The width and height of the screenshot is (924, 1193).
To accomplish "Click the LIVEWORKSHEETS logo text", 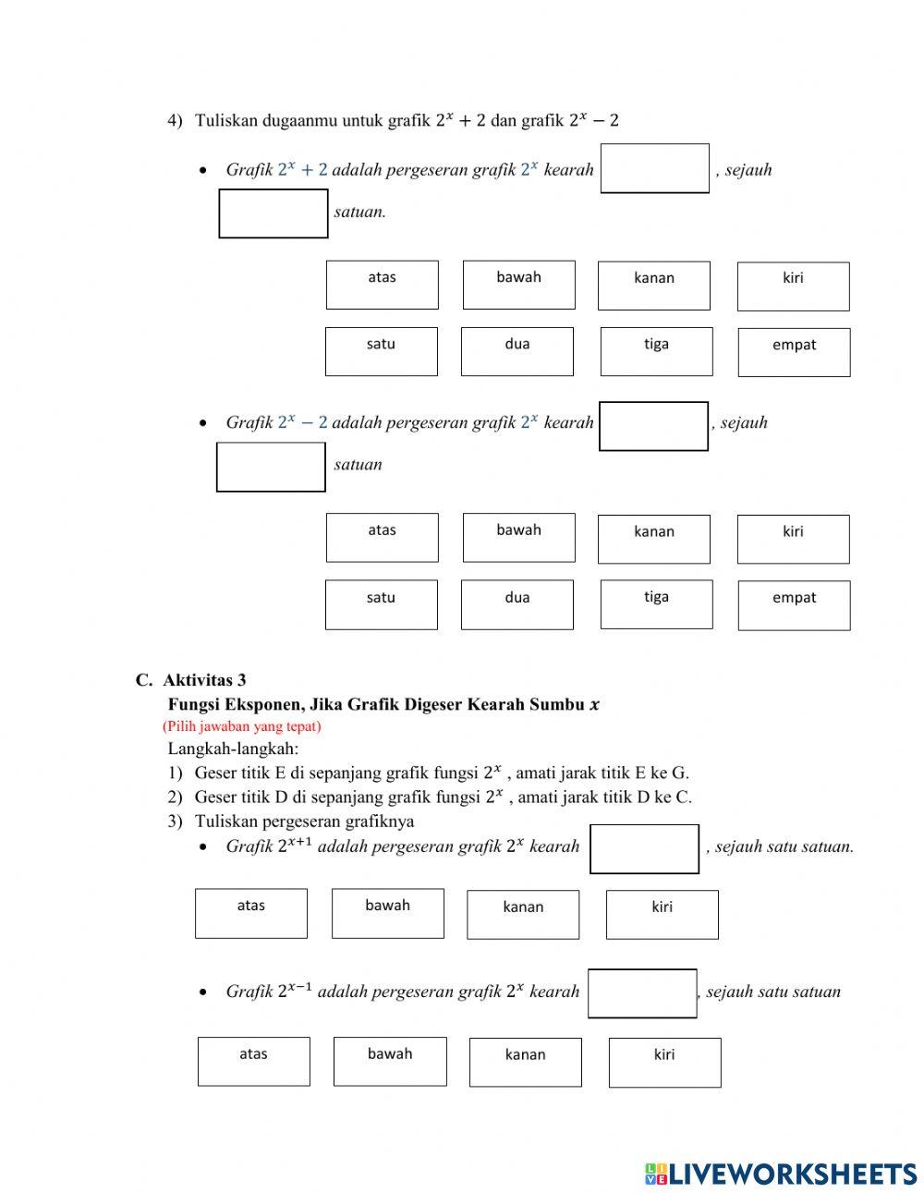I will click(x=793, y=1174).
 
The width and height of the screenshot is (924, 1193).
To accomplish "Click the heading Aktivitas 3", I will click(x=204, y=680).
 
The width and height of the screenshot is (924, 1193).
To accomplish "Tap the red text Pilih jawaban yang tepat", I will click(x=242, y=726).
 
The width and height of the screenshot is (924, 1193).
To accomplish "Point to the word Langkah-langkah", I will click(x=233, y=749).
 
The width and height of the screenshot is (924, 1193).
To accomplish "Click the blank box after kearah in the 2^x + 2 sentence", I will click(x=654, y=168).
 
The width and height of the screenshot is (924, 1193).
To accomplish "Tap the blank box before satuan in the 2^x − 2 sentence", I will click(x=271, y=467).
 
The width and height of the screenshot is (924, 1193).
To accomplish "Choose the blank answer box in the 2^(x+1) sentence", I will click(x=644, y=848).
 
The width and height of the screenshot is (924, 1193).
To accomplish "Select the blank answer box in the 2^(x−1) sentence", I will click(x=642, y=993).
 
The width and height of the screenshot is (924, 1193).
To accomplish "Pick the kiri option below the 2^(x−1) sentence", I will click(x=664, y=1062).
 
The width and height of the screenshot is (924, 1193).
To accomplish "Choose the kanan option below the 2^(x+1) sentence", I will click(x=523, y=914).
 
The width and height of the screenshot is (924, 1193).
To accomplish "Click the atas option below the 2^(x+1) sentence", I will click(x=251, y=913).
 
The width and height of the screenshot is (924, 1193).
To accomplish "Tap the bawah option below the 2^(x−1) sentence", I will click(x=390, y=1061).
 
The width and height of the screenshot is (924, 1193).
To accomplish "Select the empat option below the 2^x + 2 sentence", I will click(x=794, y=352).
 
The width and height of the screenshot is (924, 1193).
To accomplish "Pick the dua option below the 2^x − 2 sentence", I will click(x=517, y=604).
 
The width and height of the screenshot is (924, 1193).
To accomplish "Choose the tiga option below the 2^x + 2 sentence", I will click(x=656, y=351).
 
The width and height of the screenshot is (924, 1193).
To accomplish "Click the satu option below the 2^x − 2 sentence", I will click(x=381, y=604).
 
